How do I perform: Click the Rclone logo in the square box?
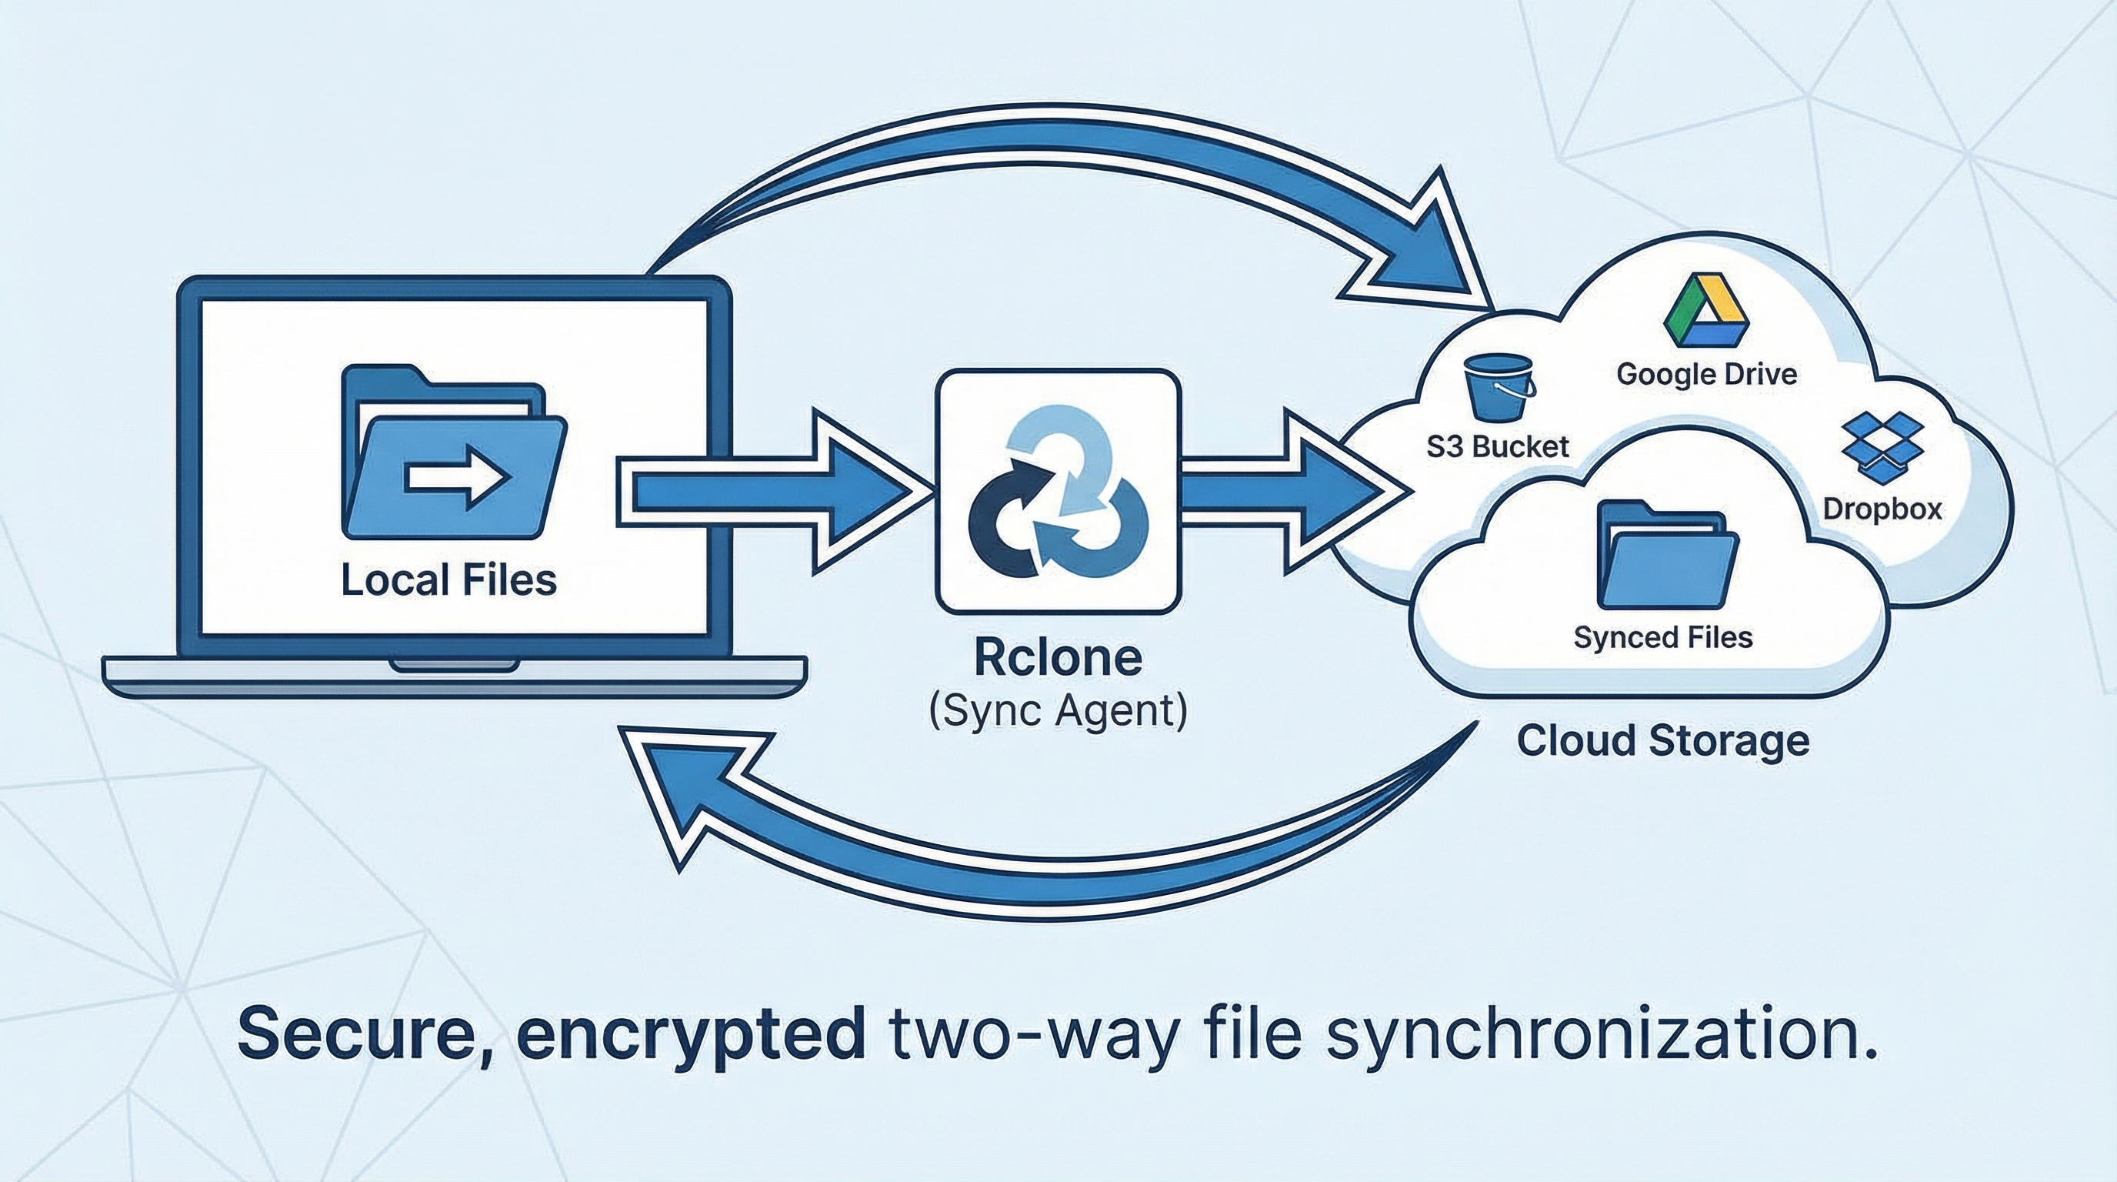(x=1058, y=491)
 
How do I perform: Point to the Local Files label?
(x=448, y=579)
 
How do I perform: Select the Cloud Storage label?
(x=1662, y=740)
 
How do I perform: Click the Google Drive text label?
(x=1706, y=375)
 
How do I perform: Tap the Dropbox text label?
(x=1882, y=509)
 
